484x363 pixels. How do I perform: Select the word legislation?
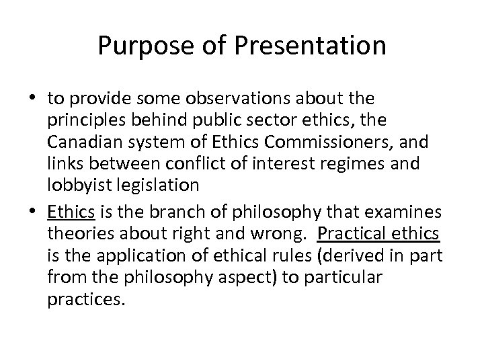(x=157, y=184)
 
